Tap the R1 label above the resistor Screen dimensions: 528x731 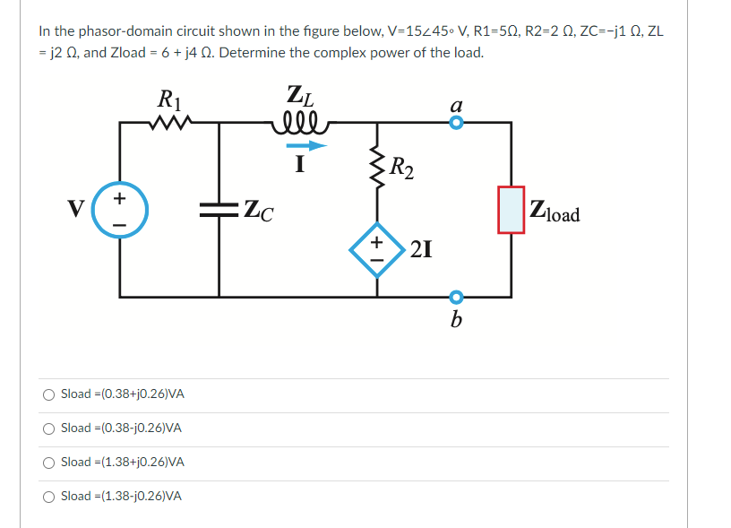(x=167, y=97)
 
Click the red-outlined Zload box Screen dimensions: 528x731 (x=512, y=210)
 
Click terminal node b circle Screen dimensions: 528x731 (x=456, y=297)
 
